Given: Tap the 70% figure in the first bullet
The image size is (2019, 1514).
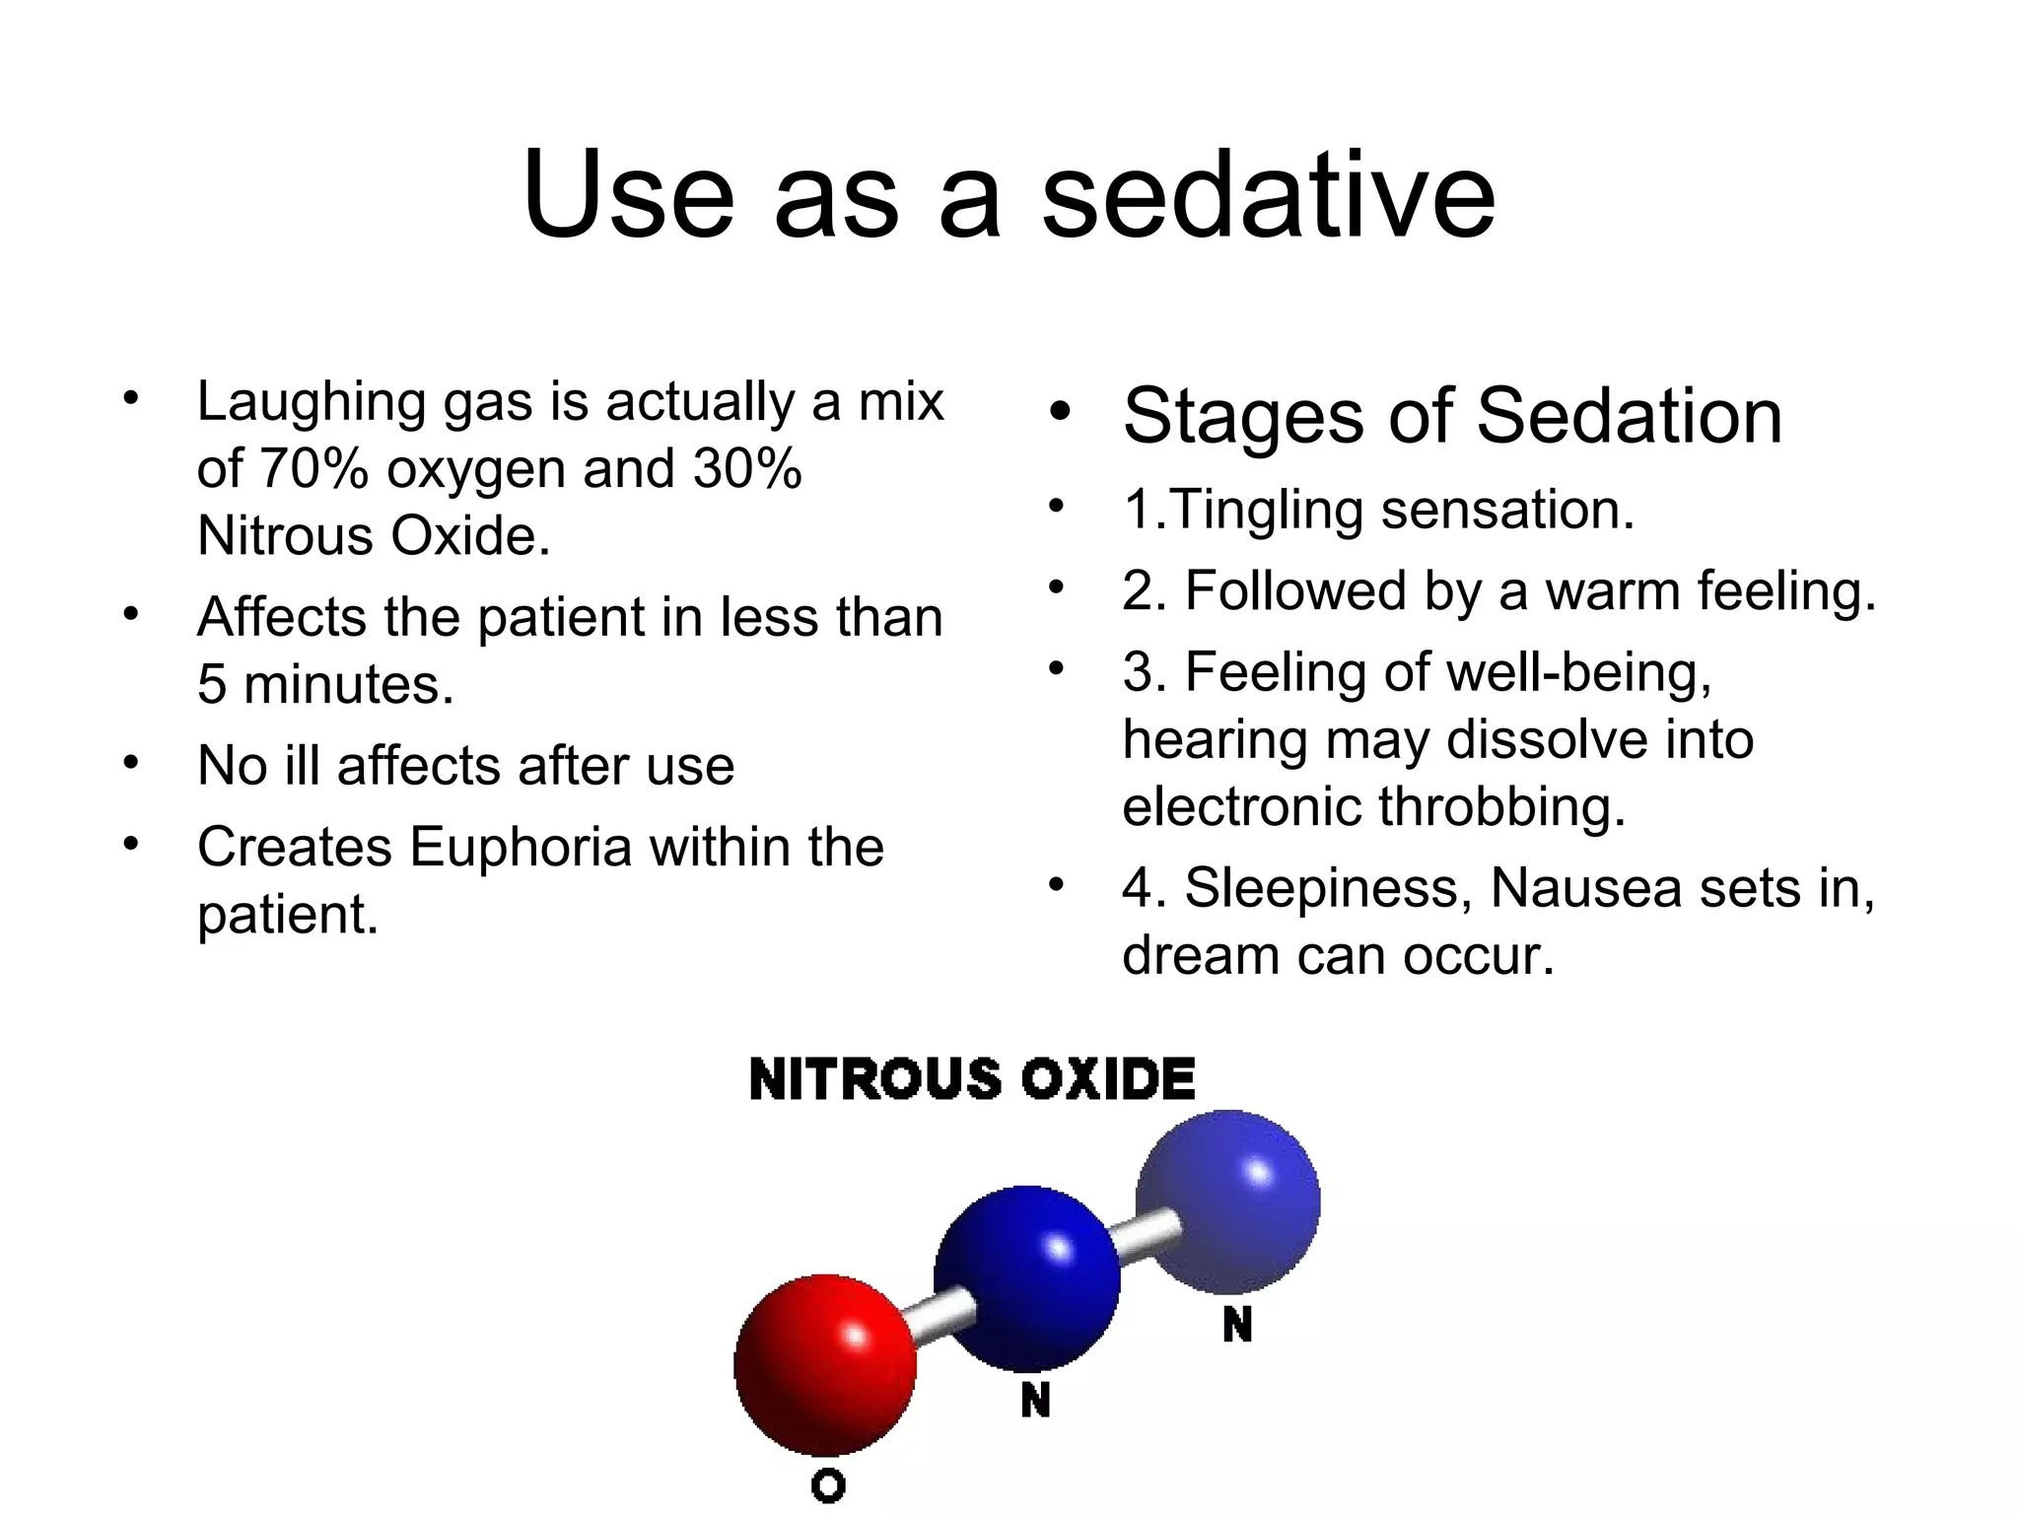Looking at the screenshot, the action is (314, 469).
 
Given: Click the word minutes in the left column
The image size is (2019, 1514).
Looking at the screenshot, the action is (349, 684).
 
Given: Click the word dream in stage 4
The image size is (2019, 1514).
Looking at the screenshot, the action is (1202, 955).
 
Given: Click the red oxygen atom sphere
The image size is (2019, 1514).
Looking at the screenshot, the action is (825, 1364).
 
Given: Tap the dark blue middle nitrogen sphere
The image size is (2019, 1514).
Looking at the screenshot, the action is (1027, 1278).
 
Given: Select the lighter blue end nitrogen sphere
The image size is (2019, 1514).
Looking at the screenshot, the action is (1227, 1202).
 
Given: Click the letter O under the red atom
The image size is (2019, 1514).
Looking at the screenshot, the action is (828, 1484).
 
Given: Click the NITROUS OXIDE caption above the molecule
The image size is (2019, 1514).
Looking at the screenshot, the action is (972, 1078).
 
